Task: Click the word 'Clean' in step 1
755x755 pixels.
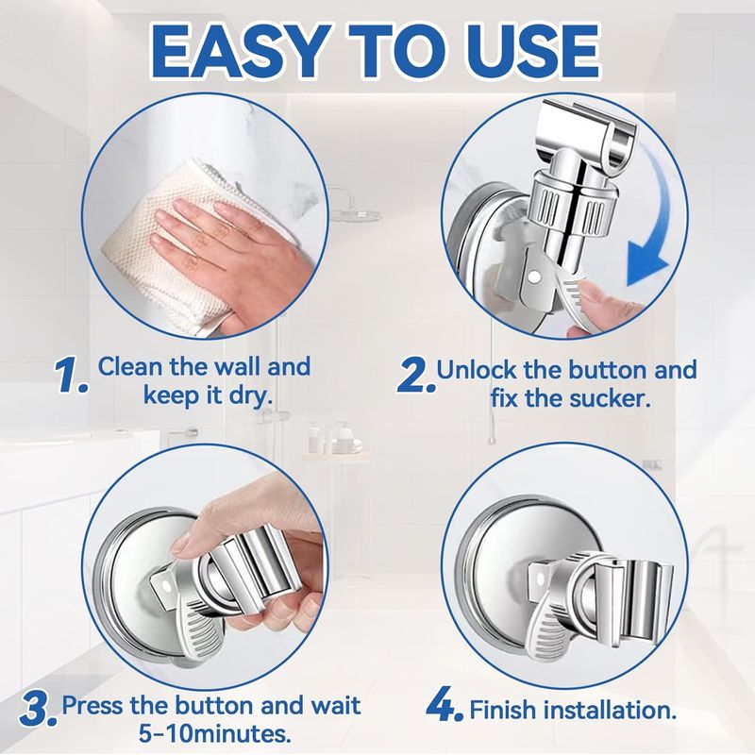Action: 133,366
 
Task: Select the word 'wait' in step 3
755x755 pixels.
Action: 330,705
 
